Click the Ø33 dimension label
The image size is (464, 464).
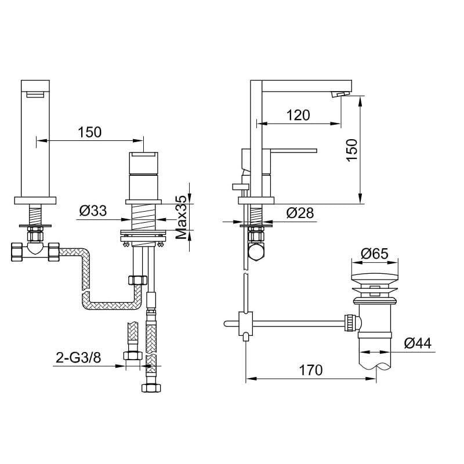click(93, 211)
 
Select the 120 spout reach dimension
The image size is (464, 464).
click(298, 115)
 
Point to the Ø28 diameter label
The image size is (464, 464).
click(300, 213)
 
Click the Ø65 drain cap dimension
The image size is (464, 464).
click(375, 254)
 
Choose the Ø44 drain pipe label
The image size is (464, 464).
click(418, 343)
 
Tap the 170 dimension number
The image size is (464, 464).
click(310, 370)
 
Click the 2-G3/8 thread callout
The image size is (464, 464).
click(78, 358)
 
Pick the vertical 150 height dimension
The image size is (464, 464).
click(352, 150)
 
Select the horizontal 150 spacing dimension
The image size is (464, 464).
click(90, 132)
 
